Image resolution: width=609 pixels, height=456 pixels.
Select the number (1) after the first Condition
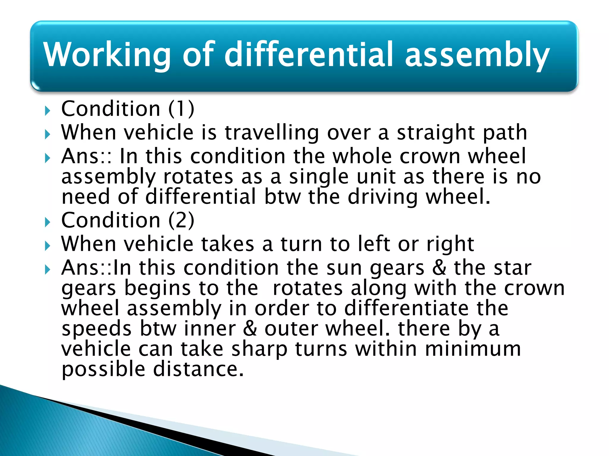coord(181,109)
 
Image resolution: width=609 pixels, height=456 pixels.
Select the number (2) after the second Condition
coord(181,221)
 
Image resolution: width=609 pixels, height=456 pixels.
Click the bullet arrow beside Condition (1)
coord(48,111)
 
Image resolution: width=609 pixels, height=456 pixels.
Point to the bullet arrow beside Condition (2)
coord(48,222)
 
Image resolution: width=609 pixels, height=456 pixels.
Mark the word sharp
coord(259,349)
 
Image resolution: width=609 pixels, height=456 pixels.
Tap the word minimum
coord(473,349)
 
